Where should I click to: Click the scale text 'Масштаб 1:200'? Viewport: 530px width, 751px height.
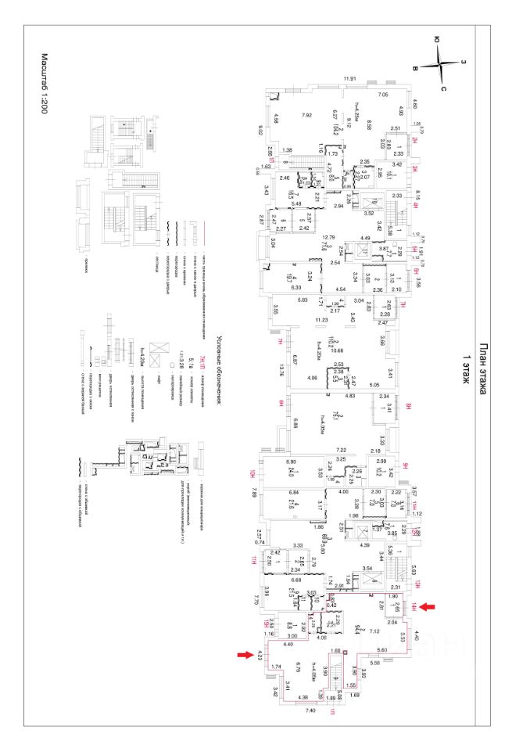point(45,85)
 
